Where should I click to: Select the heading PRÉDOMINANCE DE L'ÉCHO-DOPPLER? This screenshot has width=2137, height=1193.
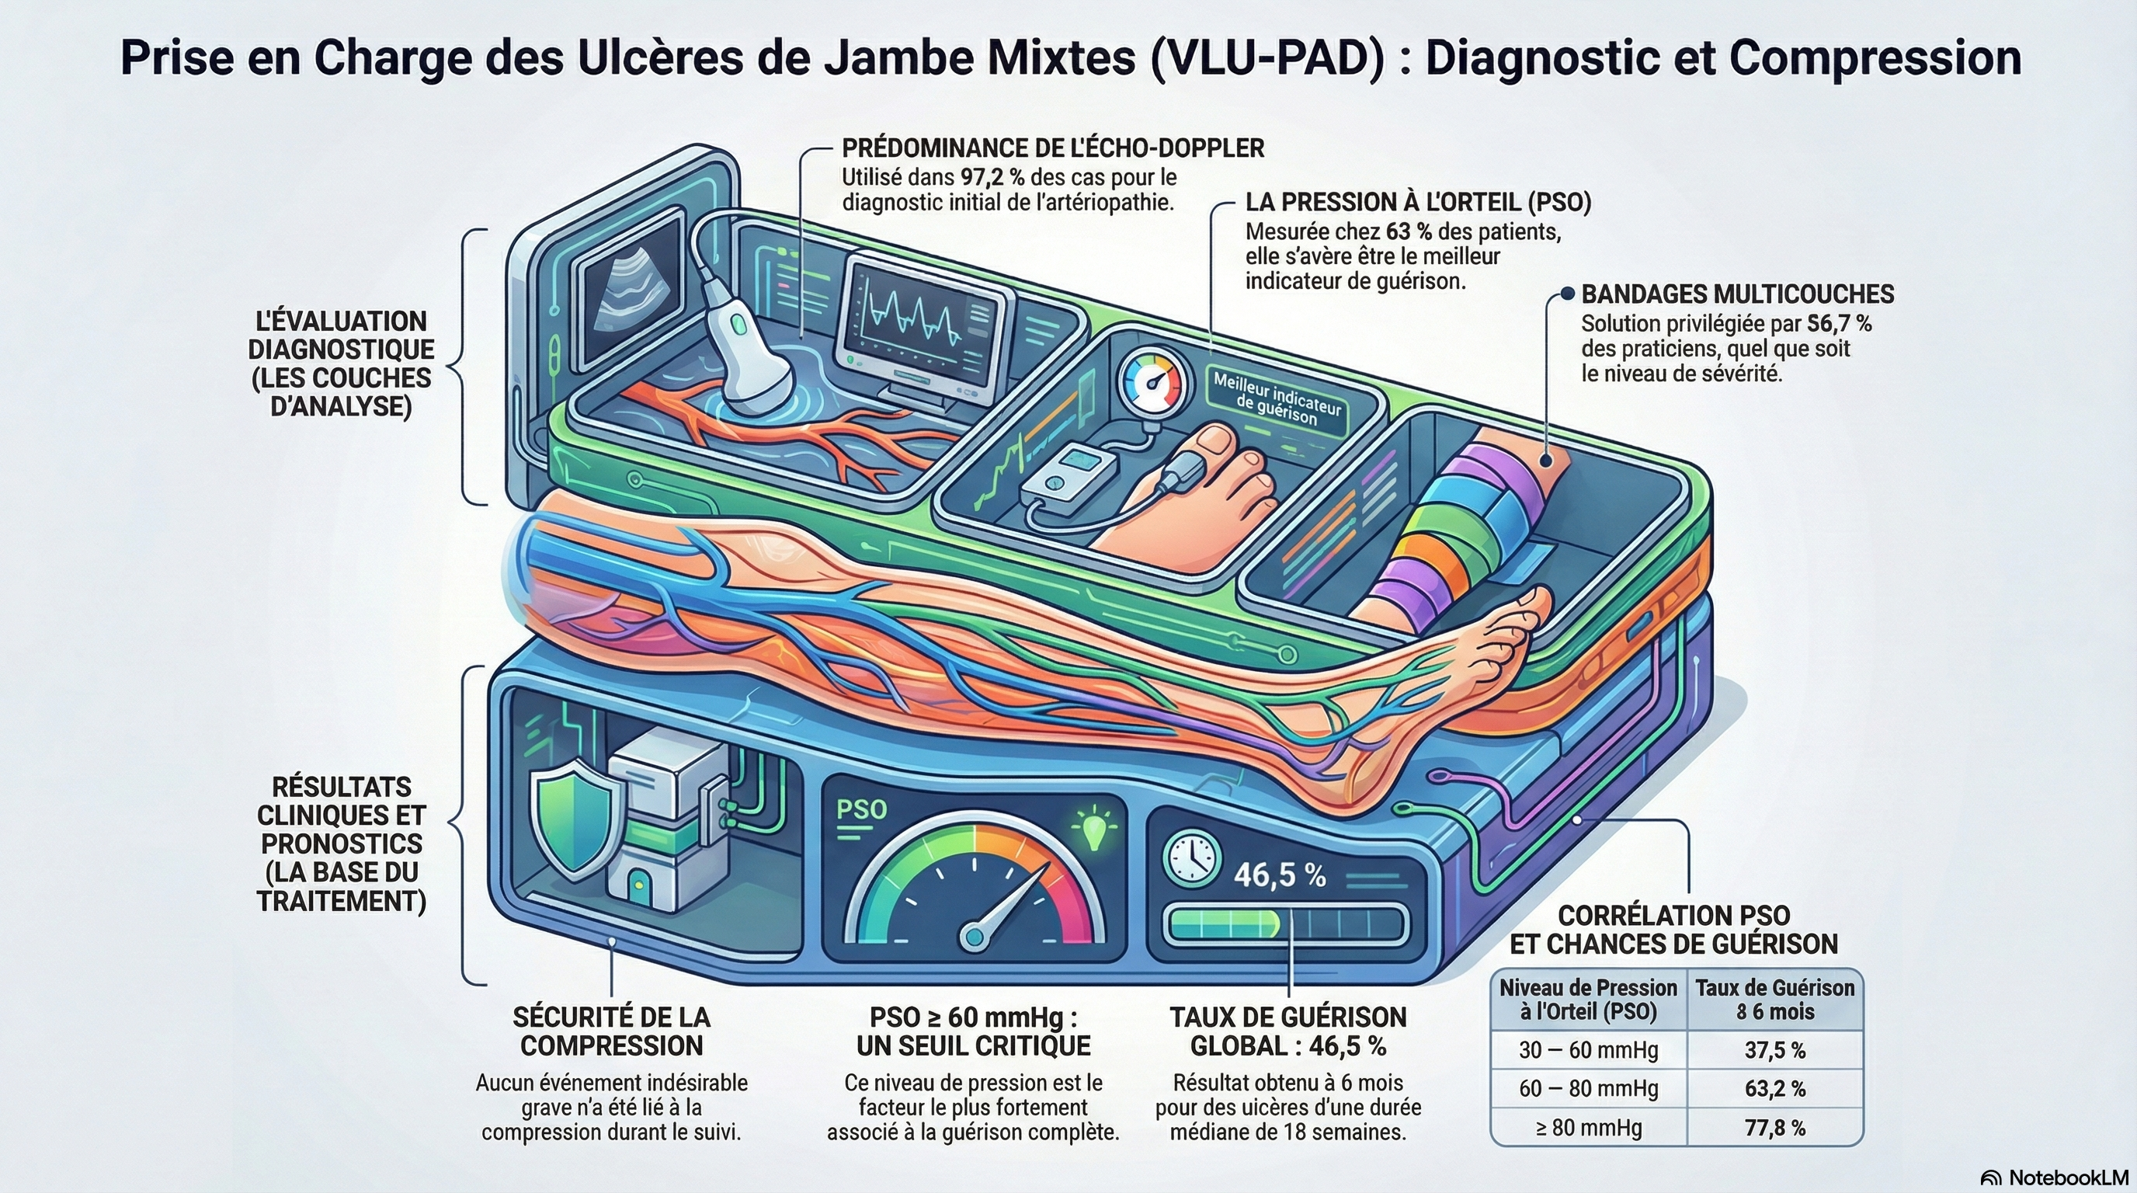click(1052, 148)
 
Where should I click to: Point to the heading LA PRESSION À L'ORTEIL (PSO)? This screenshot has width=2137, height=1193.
click(1418, 203)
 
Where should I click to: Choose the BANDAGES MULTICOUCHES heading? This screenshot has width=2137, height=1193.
click(1737, 294)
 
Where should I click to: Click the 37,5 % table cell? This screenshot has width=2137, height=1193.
click(1774, 1050)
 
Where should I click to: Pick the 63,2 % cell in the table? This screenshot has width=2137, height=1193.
click(1774, 1088)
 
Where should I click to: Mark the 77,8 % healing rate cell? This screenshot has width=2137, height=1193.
click(1774, 1128)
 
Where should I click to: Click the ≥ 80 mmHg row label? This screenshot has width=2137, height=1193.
click(1588, 1128)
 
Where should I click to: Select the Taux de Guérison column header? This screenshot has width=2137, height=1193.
click(1774, 1000)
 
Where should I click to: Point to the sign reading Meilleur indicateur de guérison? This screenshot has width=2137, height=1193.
click(1277, 398)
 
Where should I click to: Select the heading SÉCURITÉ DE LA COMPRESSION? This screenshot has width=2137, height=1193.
click(611, 1031)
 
